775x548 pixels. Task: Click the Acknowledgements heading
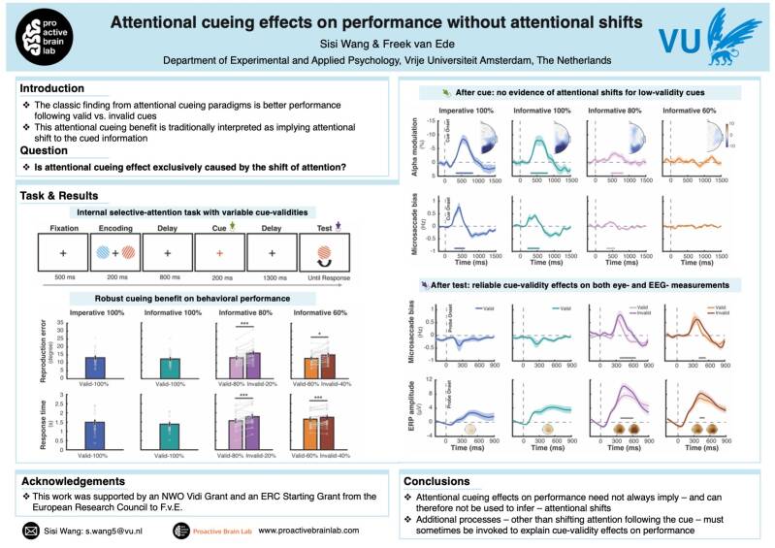[x=78, y=481]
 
